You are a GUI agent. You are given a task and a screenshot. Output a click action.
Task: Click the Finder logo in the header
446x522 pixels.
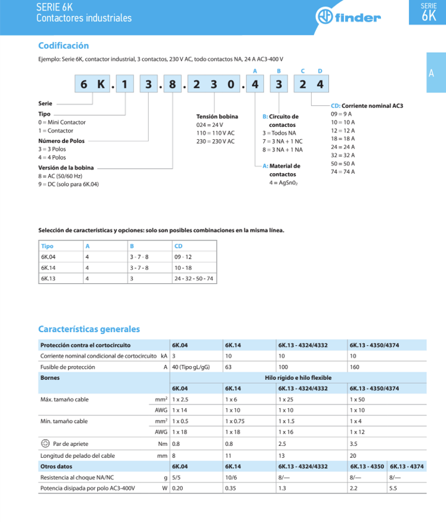click(348, 17)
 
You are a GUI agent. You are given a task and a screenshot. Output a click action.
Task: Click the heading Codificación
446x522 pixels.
click(64, 46)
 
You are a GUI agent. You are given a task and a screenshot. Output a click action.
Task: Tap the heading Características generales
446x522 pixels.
click(89, 329)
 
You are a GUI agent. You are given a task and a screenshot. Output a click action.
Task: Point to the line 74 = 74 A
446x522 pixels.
click(343, 171)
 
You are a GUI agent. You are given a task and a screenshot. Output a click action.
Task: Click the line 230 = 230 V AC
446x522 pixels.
click(216, 141)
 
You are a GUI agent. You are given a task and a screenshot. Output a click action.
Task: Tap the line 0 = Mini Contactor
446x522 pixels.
click(62, 122)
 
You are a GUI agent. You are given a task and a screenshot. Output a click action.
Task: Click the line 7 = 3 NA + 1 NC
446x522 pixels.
click(282, 141)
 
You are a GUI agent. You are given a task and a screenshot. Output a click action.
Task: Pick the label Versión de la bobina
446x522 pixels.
click(67, 167)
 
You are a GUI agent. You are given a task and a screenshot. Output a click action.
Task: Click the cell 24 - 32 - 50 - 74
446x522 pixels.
click(195, 279)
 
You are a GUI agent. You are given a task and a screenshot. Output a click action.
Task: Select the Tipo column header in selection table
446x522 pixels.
click(47, 246)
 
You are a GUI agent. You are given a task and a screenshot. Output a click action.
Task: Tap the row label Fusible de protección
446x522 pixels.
click(68, 367)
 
